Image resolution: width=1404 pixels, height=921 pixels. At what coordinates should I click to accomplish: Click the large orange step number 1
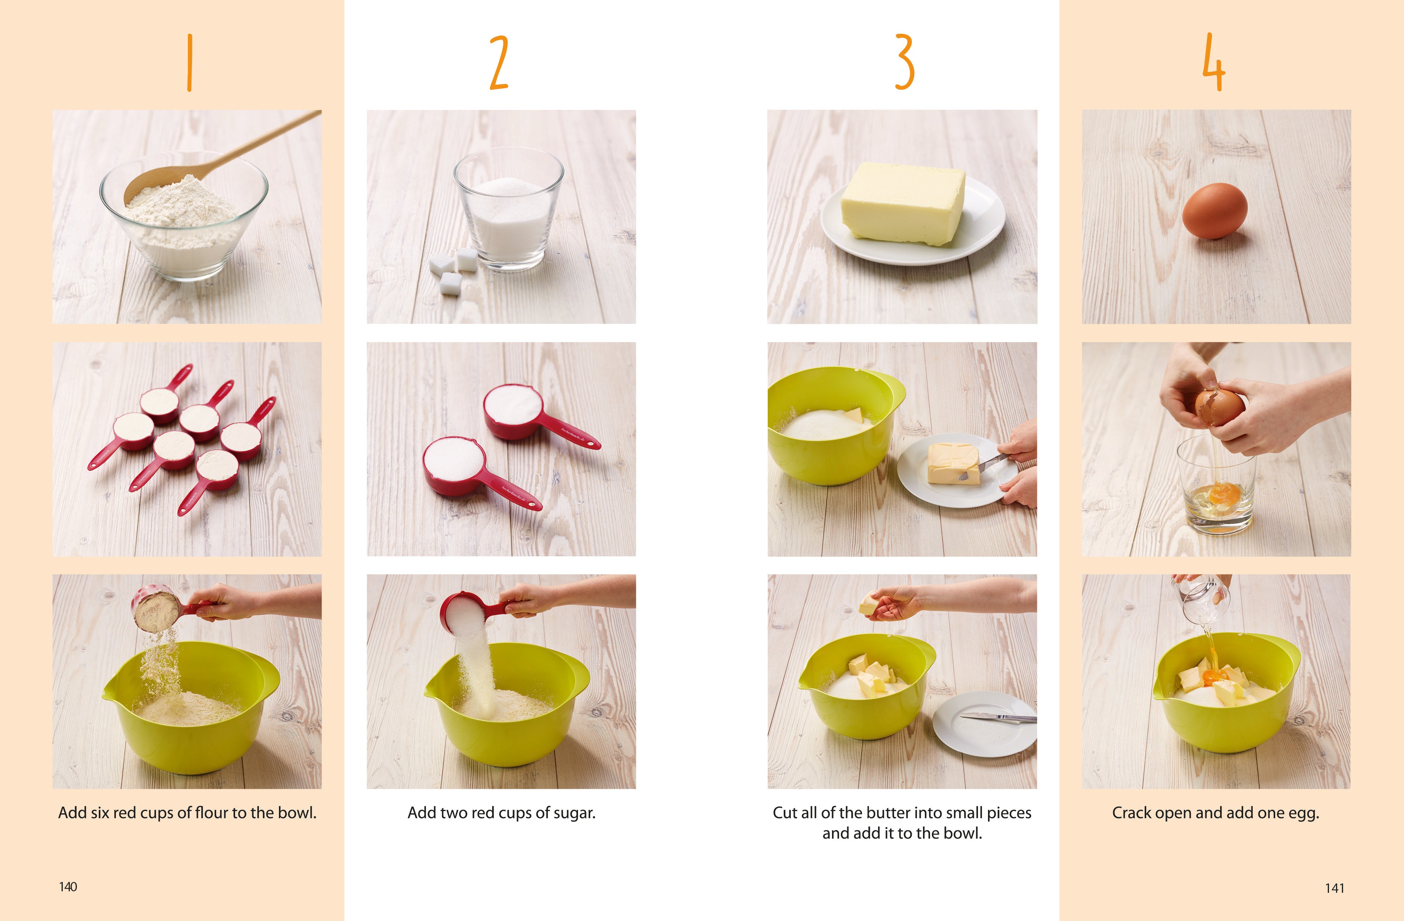click(189, 62)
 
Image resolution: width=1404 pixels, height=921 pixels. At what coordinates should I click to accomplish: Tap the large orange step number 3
click(904, 62)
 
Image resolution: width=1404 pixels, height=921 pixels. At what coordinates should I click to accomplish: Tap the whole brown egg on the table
click(1215, 211)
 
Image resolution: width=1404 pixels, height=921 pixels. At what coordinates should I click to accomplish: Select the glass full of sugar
click(508, 209)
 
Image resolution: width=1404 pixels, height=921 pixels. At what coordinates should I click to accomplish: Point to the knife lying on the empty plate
click(997, 717)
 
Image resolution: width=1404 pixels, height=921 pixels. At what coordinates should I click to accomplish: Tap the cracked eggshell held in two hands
click(1219, 407)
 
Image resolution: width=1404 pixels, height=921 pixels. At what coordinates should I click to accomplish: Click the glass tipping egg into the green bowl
click(1200, 599)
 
